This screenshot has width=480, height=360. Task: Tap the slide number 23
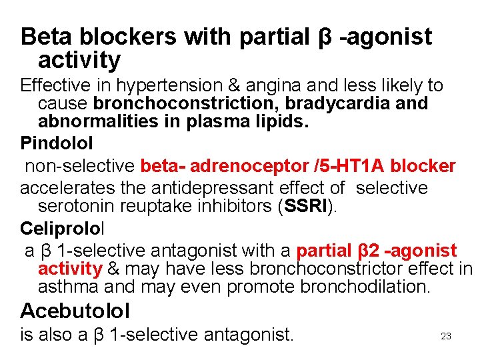point(446,336)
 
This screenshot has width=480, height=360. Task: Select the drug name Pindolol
point(57,143)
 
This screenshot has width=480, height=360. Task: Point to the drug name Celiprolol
point(62,229)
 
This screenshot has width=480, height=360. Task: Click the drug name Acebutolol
point(75,311)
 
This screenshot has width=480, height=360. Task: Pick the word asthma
point(69,287)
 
